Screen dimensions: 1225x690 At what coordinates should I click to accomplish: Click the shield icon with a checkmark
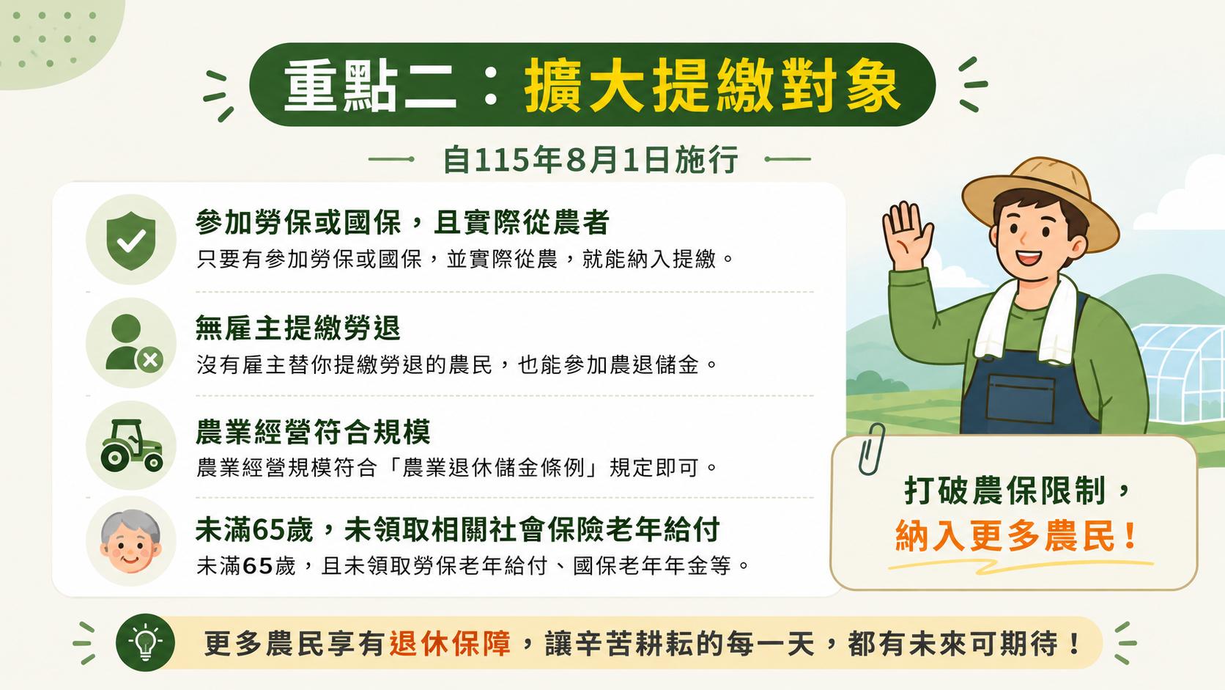pyautogui.click(x=131, y=241)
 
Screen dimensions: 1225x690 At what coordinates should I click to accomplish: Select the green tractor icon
pyautogui.click(x=131, y=445)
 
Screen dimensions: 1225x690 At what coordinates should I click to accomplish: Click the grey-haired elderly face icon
pyautogui.click(x=130, y=541)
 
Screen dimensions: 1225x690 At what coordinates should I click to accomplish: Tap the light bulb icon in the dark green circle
pyautogui.click(x=146, y=643)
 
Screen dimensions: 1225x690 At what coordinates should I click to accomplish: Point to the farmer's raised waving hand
pyautogui.click(x=907, y=236)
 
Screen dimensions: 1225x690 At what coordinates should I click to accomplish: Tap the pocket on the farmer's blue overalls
pyautogui.click(x=1020, y=398)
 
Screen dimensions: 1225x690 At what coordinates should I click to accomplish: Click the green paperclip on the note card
pyautogui.click(x=871, y=449)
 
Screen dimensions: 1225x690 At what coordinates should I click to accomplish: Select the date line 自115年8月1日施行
pyautogui.click(x=591, y=159)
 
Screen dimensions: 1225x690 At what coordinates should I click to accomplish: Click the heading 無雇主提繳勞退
pyautogui.click(x=298, y=328)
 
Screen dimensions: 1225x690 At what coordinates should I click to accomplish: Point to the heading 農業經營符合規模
pyautogui.click(x=313, y=432)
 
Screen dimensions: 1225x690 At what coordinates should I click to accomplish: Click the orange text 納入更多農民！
pyautogui.click(x=1016, y=536)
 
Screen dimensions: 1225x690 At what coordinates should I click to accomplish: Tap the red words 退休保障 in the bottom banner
pyautogui.click(x=450, y=644)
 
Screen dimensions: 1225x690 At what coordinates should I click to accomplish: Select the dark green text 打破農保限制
pyautogui.click(x=1005, y=490)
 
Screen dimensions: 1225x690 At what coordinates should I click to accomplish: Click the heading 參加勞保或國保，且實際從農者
pyautogui.click(x=402, y=222)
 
